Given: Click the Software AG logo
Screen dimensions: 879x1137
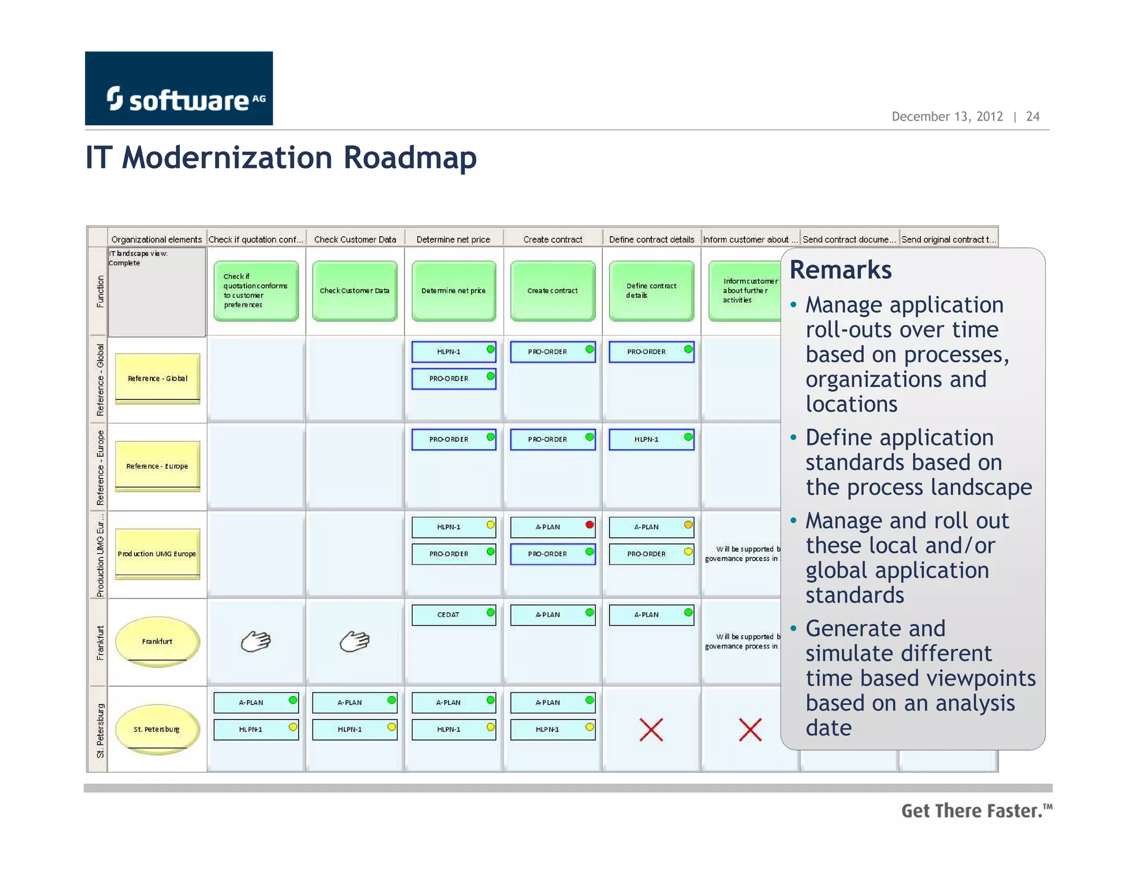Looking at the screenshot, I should pos(179,88).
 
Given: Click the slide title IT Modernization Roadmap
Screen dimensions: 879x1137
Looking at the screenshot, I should pos(281,158).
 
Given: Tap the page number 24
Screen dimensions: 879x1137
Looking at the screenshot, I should pos(1033,117).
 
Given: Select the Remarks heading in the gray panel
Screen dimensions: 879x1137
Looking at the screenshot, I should pos(841,270).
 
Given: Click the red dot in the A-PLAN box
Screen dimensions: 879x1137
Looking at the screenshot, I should pos(590,525).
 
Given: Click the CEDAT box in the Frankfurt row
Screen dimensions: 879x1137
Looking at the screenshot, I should pos(453,615).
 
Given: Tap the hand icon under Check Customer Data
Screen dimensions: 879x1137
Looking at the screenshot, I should pos(355,641).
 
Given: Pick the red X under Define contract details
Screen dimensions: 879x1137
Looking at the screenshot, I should pos(651,730).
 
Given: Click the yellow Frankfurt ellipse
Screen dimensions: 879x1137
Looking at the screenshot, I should pos(157,641).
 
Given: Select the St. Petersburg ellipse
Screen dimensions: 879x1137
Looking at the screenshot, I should pos(157,729).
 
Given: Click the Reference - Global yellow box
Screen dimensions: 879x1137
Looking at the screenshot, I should pos(157,378).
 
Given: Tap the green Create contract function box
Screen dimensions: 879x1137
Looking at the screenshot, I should pos(552,291).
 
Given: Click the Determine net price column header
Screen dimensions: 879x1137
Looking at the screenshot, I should pos(453,239).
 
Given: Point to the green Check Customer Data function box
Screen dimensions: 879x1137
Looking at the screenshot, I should pos(355,291).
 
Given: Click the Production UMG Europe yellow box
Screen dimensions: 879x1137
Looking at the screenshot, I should pos(157,554).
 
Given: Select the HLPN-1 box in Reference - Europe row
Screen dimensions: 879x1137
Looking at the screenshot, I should pos(651,439).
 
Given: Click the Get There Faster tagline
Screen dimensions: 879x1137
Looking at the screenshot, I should pos(976,811).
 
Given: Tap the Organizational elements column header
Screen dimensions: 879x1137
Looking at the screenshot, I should pos(157,239).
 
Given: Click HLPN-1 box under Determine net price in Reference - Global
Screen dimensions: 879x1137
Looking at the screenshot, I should pos(453,352).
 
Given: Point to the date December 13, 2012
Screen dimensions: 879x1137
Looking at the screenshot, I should pos(947,117).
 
